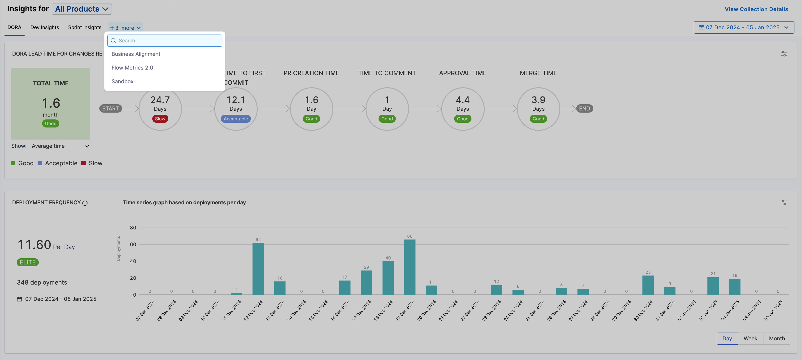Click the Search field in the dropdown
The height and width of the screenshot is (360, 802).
pyautogui.click(x=165, y=40)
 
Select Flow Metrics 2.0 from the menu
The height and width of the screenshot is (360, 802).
pyautogui.click(x=132, y=68)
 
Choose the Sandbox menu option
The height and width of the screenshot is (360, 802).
pyautogui.click(x=122, y=81)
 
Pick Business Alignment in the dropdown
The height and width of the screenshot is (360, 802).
pyautogui.click(x=136, y=54)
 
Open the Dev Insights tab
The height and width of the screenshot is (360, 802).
pyautogui.click(x=44, y=27)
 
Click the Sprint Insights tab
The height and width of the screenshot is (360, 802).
pyautogui.click(x=85, y=27)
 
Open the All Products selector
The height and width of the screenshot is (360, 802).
pyautogui.click(x=82, y=9)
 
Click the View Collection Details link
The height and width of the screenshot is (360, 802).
pyautogui.click(x=756, y=9)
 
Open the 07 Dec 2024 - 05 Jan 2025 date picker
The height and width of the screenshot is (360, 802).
pyautogui.click(x=743, y=27)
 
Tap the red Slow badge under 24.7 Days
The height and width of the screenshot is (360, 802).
pyautogui.click(x=160, y=119)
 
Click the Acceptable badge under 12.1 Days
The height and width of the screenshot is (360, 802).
pyautogui.click(x=236, y=119)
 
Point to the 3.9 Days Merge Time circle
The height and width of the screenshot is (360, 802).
pyautogui.click(x=538, y=109)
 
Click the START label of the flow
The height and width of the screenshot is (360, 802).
pyautogui.click(x=110, y=108)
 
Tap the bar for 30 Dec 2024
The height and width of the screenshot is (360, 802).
pyautogui.click(x=648, y=285)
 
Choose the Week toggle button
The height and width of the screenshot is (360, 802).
pyautogui.click(x=750, y=338)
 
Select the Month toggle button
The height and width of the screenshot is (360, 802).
pyautogui.click(x=777, y=338)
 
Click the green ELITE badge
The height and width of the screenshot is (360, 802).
pyautogui.click(x=28, y=262)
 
